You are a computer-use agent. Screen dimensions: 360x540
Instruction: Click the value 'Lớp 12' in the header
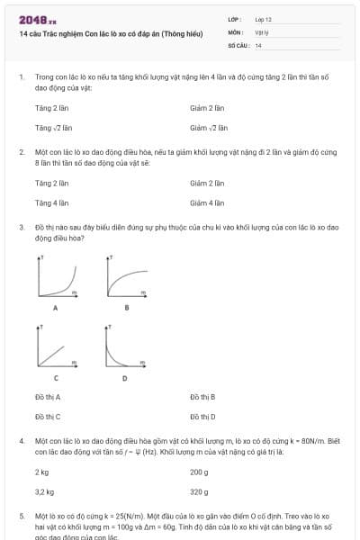[x=264, y=18]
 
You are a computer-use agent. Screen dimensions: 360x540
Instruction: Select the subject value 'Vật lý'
[x=262, y=31]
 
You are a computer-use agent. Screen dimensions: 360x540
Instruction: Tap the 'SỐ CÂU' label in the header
[x=237, y=44]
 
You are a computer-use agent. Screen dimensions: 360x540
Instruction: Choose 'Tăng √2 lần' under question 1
[x=52, y=128]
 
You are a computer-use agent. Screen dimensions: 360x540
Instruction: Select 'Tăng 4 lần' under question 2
[x=51, y=202]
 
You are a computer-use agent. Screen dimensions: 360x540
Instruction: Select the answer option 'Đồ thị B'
[x=202, y=397]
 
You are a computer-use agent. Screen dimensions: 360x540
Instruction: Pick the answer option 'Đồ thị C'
[x=48, y=417]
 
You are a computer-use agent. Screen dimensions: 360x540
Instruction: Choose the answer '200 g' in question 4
[x=199, y=472]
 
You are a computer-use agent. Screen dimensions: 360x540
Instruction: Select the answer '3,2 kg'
[x=44, y=492]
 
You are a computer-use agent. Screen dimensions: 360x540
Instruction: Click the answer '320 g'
[x=199, y=492]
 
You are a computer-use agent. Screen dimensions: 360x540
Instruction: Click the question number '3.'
[x=21, y=229]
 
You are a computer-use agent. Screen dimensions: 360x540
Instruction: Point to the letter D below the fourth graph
[x=124, y=379]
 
